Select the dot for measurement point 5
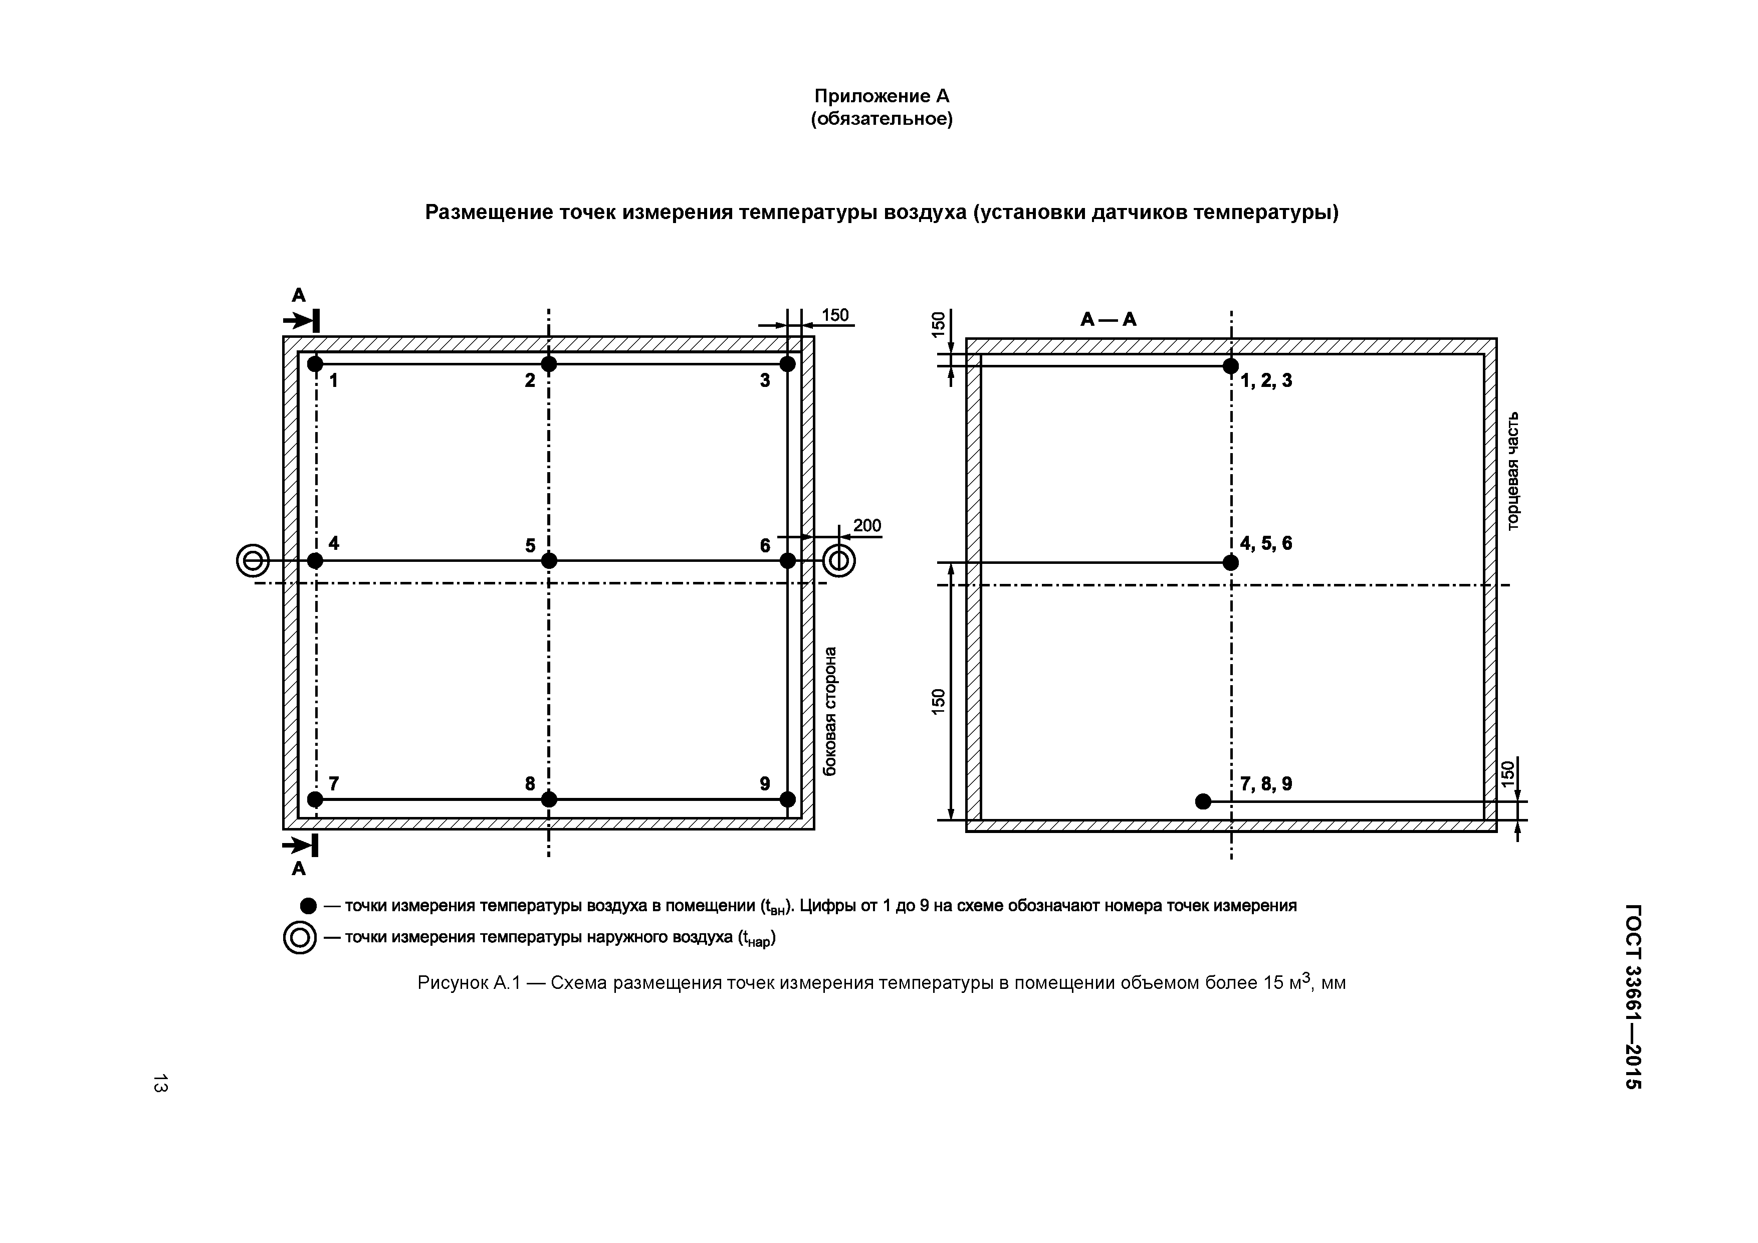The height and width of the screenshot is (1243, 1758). (x=548, y=561)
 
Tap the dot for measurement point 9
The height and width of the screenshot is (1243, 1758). (x=787, y=799)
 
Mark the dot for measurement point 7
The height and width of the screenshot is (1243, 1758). (x=315, y=799)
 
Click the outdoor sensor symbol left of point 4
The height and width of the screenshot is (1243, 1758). (x=253, y=561)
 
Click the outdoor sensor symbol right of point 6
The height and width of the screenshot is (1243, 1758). (x=839, y=561)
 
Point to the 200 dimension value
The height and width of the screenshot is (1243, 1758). (x=867, y=525)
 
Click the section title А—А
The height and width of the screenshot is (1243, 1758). (x=1108, y=319)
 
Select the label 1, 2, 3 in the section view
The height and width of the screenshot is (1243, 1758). (x=1266, y=380)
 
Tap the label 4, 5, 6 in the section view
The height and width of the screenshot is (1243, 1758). (x=1266, y=543)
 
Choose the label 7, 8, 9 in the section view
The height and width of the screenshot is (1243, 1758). (x=1266, y=783)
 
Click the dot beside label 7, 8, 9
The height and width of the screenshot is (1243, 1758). (x=1203, y=801)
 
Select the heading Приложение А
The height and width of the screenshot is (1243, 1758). (x=882, y=96)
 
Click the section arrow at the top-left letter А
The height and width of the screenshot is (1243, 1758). (x=301, y=319)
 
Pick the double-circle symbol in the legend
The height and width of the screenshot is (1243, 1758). (x=299, y=937)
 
